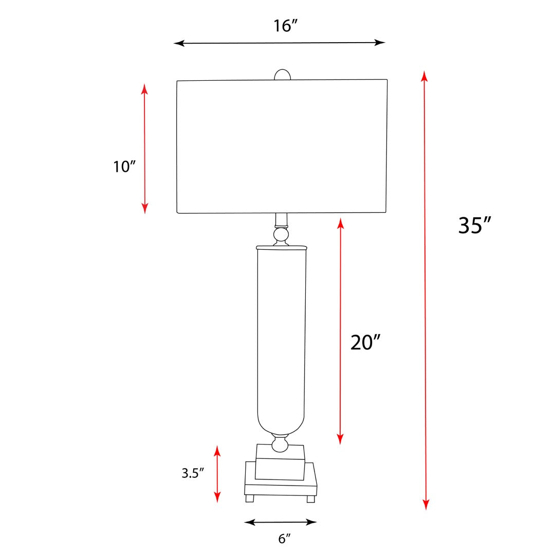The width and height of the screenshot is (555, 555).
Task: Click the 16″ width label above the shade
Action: point(285,26)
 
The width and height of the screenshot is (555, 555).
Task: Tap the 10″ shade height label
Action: point(124,166)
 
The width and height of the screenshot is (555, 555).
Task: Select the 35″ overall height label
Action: point(475,225)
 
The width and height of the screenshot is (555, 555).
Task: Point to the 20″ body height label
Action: point(365,342)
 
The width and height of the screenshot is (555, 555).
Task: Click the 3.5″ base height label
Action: point(193,473)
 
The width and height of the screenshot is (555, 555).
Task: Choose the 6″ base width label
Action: point(284,539)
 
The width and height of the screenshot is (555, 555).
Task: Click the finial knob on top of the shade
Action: point(283,75)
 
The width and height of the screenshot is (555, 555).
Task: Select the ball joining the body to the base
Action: point(280,444)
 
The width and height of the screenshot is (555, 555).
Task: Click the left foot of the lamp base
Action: point(250,498)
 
